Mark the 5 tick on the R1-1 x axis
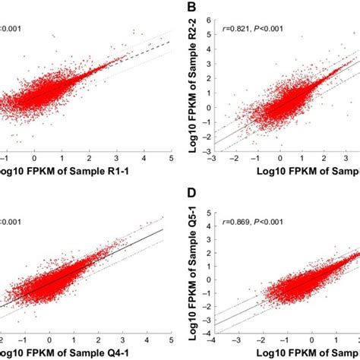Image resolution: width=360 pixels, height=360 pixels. (172, 159)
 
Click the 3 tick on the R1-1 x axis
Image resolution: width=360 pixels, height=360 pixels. (116, 159)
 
